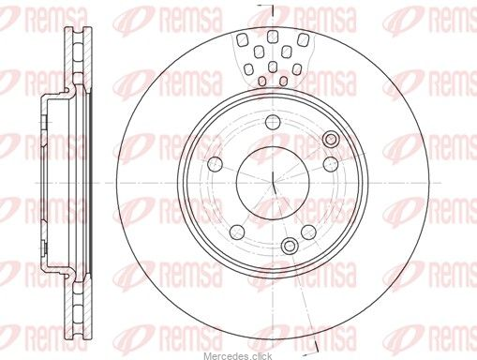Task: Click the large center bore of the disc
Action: (x=273, y=182)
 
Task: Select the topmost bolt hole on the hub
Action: (x=273, y=122)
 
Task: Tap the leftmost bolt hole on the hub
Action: (x=216, y=164)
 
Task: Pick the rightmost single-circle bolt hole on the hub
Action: (x=330, y=164)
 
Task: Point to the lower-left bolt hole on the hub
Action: (x=237, y=232)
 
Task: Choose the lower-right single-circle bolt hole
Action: (x=308, y=232)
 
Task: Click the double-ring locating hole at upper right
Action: (x=332, y=139)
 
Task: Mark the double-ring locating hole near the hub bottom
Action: (x=290, y=246)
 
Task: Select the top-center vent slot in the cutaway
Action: (x=273, y=37)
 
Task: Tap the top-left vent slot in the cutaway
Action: (x=242, y=40)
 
